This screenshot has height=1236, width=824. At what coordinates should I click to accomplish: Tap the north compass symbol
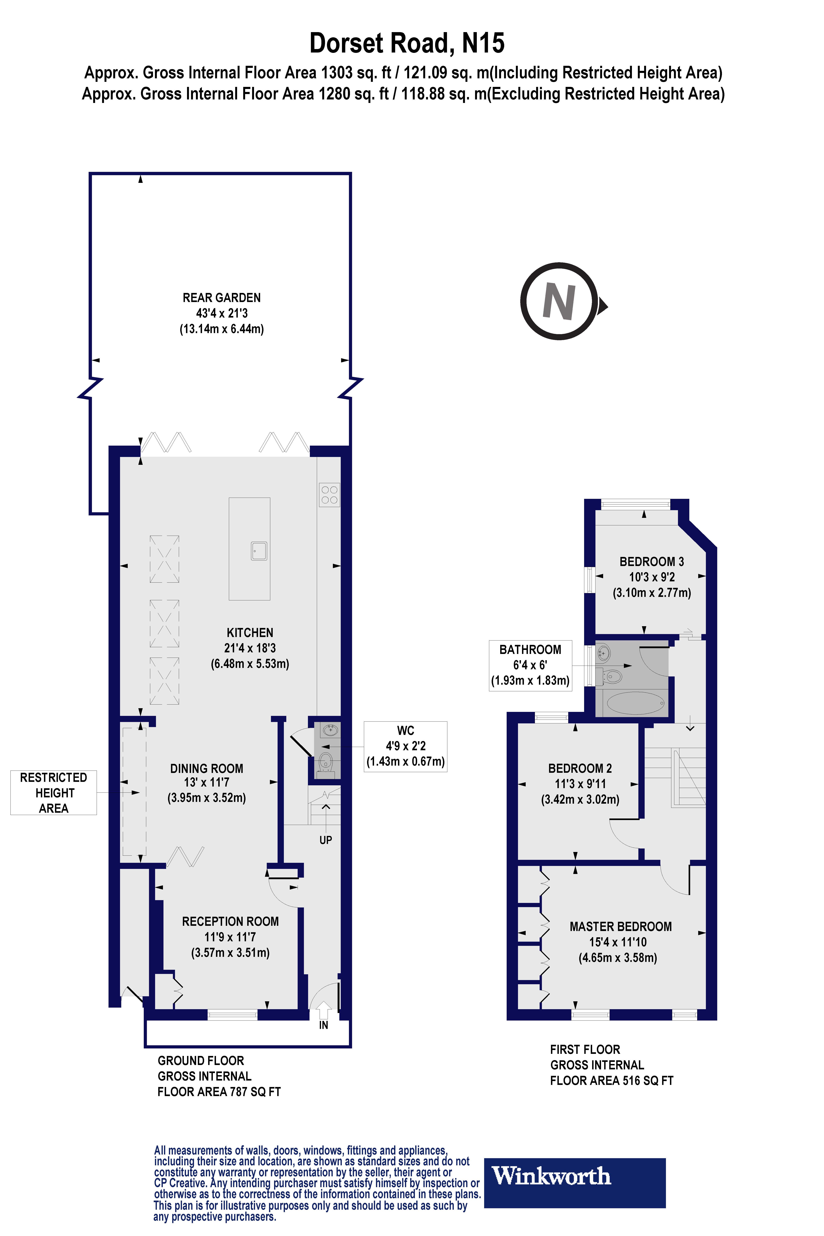[560, 301]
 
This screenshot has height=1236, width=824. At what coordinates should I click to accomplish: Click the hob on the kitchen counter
[330, 494]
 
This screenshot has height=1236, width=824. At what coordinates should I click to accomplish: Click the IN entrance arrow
[323, 1012]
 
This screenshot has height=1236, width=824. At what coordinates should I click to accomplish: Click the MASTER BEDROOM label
[621, 926]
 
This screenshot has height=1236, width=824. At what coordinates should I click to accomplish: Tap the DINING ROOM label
[207, 768]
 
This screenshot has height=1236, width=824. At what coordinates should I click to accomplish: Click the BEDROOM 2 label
[580, 768]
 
